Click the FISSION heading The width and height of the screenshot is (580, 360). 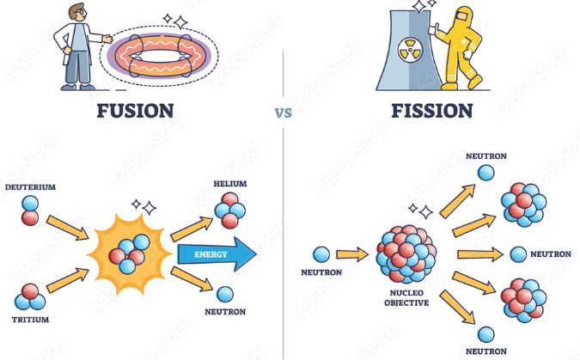point(432,110)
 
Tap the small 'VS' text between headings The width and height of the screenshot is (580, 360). point(283,113)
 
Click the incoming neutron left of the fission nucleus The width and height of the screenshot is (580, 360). point(321,254)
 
